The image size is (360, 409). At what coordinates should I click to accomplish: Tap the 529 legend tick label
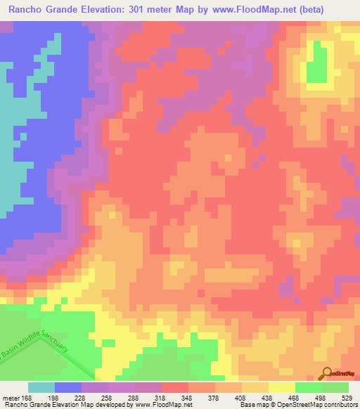point(347,397)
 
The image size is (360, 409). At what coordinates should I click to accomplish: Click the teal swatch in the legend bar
point(41,387)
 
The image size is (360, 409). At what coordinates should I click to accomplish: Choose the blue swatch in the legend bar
point(68,387)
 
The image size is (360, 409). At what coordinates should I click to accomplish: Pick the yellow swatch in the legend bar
point(282,387)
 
